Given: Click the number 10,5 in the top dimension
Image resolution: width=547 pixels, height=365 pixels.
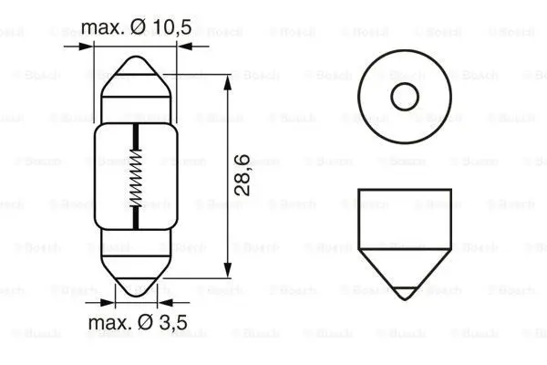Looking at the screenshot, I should tap(171, 27).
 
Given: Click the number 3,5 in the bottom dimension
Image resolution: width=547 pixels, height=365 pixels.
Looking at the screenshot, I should tap(170, 322).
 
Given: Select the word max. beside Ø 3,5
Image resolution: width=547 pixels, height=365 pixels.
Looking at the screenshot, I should tap(109, 322).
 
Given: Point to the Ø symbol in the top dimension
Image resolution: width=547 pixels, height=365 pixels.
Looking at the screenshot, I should tap(142, 27).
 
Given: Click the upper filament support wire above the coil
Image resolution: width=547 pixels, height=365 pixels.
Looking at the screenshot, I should tap(135, 135).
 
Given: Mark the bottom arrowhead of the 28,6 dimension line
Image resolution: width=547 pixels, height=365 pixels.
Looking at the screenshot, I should tap(225, 270).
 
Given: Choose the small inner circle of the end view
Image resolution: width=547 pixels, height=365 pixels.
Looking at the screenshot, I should tap(403, 95).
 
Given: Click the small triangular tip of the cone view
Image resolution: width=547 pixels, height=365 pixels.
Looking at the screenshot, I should tap(402, 294).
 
